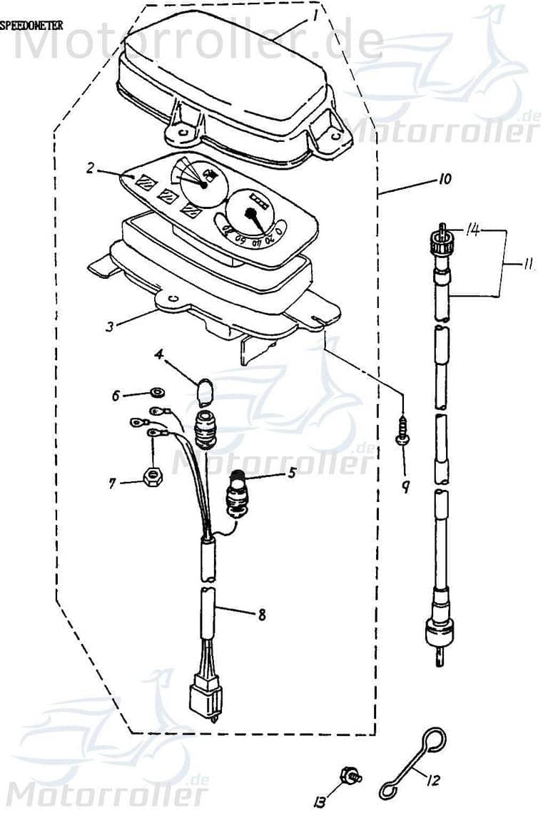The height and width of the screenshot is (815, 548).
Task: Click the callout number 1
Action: pyautogui.click(x=313, y=12)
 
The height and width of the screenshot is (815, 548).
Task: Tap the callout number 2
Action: pyautogui.click(x=91, y=168)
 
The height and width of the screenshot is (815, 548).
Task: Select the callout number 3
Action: pyautogui.click(x=109, y=327)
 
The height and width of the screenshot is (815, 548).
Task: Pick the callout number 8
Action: pyautogui.click(x=262, y=615)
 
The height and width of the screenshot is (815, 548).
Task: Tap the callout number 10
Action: pyautogui.click(x=444, y=180)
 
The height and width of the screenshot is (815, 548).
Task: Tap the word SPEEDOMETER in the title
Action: pyautogui.click(x=31, y=26)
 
